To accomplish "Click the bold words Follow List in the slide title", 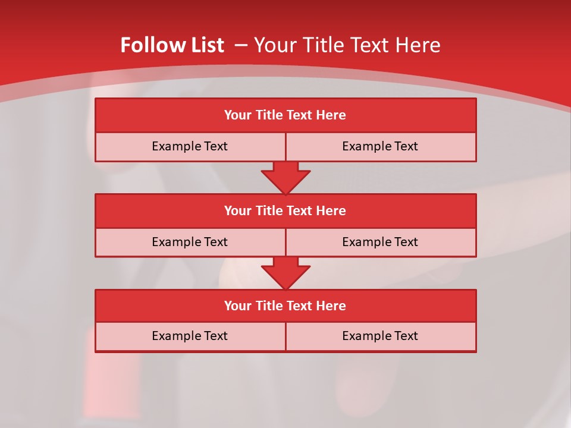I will pos(172,45).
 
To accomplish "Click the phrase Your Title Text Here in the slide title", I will pos(347,45).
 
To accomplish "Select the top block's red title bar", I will pos(285,115).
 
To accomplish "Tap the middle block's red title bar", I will pos(285,210).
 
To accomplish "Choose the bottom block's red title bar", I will pos(285,306).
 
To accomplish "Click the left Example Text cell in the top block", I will pos(190,146).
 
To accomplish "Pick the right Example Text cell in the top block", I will pos(380,146).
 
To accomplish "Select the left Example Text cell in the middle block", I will pos(190,242).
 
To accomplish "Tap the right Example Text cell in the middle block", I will pos(380,242).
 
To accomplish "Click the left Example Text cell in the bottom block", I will pos(190,336).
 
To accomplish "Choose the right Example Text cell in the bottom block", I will pos(380,336).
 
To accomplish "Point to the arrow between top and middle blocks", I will pos(285,177).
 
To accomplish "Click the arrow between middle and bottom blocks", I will pos(285,273).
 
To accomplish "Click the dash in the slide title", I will pos(241,45).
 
